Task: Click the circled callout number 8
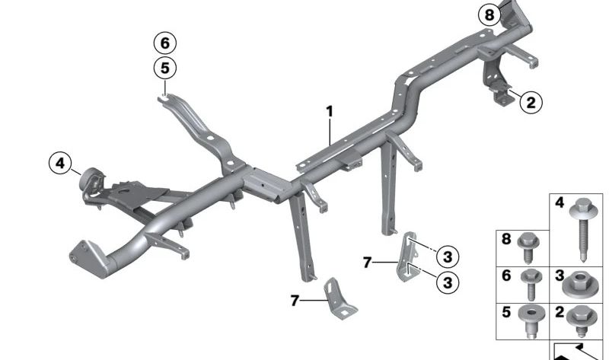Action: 489,15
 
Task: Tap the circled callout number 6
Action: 165,43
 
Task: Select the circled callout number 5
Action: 165,68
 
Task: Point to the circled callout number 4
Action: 60,163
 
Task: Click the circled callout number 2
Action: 531,103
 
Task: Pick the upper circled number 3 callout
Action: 448,256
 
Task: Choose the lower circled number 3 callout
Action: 448,282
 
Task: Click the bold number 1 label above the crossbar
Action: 330,112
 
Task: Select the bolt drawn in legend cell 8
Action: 528,247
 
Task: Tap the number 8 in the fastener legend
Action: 505,239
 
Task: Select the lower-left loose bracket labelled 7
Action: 339,299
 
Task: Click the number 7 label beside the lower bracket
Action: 295,301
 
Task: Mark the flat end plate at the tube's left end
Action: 88,259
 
